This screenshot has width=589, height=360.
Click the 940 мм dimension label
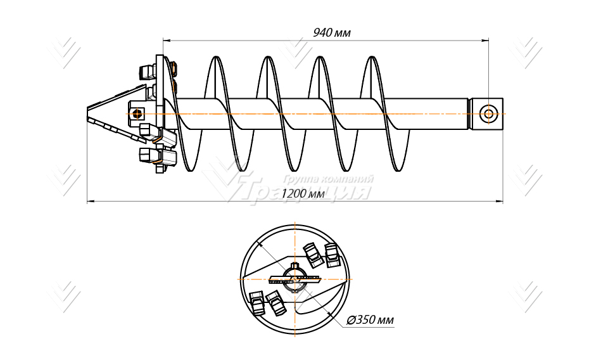pyautogui.click(x=332, y=32)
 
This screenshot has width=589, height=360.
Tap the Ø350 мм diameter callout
pyautogui.click(x=370, y=320)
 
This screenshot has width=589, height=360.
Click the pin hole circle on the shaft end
pyautogui.click(x=488, y=113)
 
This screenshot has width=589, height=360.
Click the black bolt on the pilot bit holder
pyautogui.click(x=135, y=113)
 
